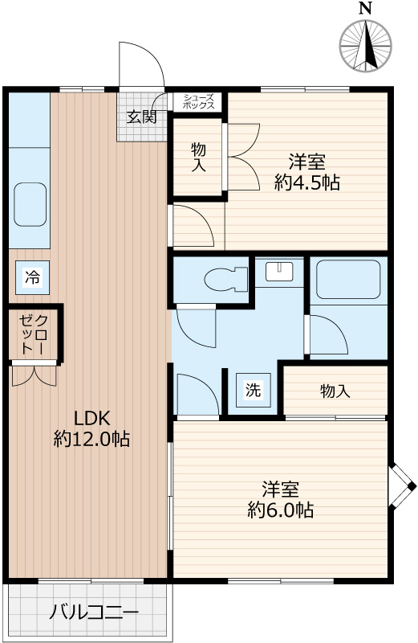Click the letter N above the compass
[x=365, y=8]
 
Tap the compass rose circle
[x=365, y=45]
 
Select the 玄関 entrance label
[x=141, y=117]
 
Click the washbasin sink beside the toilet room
[x=279, y=272]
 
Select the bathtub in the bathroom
[x=349, y=279]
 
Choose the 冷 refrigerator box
[x=33, y=277]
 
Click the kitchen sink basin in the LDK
[x=30, y=204]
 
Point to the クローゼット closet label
[x=34, y=334]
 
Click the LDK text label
[x=92, y=418]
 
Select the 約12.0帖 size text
[x=91, y=439]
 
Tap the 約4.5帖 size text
[x=307, y=183]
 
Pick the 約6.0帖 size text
[x=281, y=510]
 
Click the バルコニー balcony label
[x=94, y=613]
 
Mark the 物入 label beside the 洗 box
[x=335, y=391]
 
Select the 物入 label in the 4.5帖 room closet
[x=198, y=157]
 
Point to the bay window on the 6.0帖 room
[x=404, y=486]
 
